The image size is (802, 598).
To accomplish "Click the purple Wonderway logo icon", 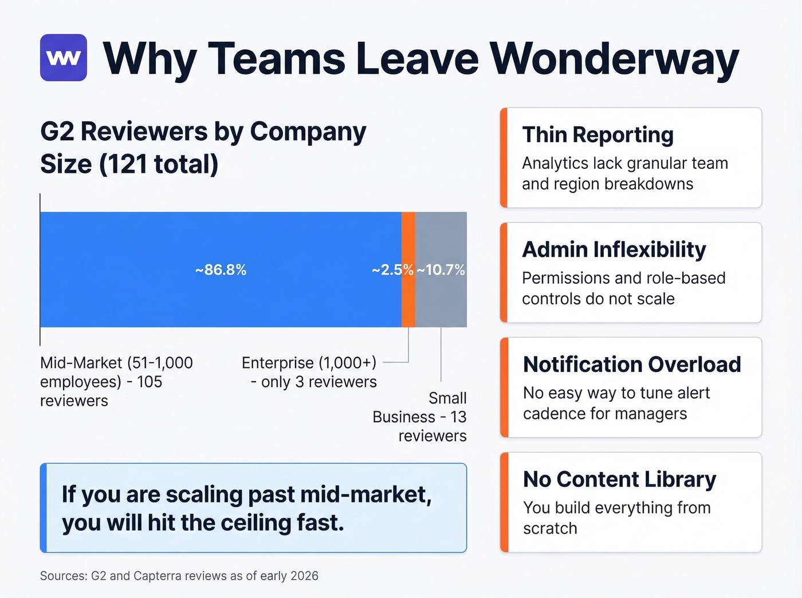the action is [64, 58].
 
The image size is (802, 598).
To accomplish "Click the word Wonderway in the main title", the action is [615, 60].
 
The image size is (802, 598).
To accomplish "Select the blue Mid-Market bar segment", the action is [221, 270].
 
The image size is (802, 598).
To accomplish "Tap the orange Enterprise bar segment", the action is [408, 270].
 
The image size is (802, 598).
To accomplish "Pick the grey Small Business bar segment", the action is [441, 270].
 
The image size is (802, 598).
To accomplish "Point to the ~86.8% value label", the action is [221, 270].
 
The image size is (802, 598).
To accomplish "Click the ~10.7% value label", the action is [441, 270].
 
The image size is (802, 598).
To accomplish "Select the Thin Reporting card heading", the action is [597, 135].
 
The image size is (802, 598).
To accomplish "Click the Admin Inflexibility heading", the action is [614, 250].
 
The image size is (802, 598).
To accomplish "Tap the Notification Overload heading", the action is [632, 365].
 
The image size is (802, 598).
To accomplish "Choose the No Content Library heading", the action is [620, 480].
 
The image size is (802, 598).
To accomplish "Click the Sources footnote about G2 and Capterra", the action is [179, 576].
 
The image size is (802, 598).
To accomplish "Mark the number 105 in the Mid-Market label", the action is [150, 382].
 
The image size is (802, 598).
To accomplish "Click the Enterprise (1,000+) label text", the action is [309, 363].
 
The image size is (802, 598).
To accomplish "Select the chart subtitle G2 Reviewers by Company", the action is [203, 132].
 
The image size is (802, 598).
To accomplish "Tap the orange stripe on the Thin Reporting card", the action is [504, 157].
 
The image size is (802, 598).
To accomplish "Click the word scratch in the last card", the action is [550, 529].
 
